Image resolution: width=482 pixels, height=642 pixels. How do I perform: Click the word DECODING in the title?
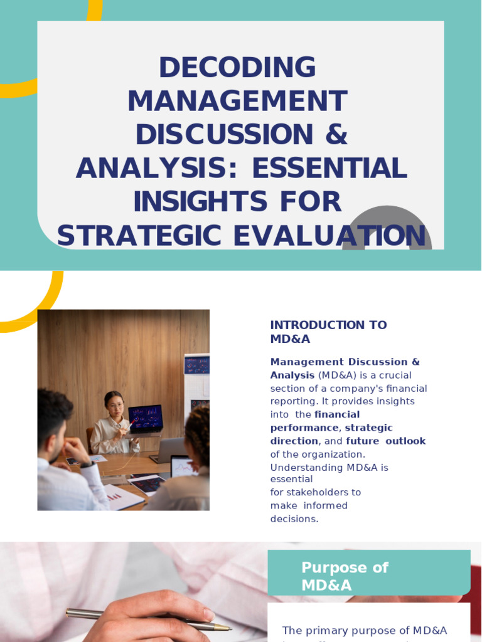[x=237, y=68]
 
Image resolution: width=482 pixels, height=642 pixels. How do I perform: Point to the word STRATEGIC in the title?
[x=133, y=236]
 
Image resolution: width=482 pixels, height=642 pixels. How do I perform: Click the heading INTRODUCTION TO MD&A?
[x=328, y=332]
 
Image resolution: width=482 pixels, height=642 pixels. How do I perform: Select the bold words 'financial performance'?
[x=314, y=421]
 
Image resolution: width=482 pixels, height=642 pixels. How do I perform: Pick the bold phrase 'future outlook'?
[x=385, y=441]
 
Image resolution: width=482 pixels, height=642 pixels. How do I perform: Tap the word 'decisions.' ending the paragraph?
[x=294, y=519]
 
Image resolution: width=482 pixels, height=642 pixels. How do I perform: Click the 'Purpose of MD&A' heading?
[x=345, y=576]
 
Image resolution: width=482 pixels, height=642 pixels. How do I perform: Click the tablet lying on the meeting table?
[x=147, y=483]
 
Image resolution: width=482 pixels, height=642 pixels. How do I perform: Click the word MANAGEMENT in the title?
[x=237, y=102]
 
